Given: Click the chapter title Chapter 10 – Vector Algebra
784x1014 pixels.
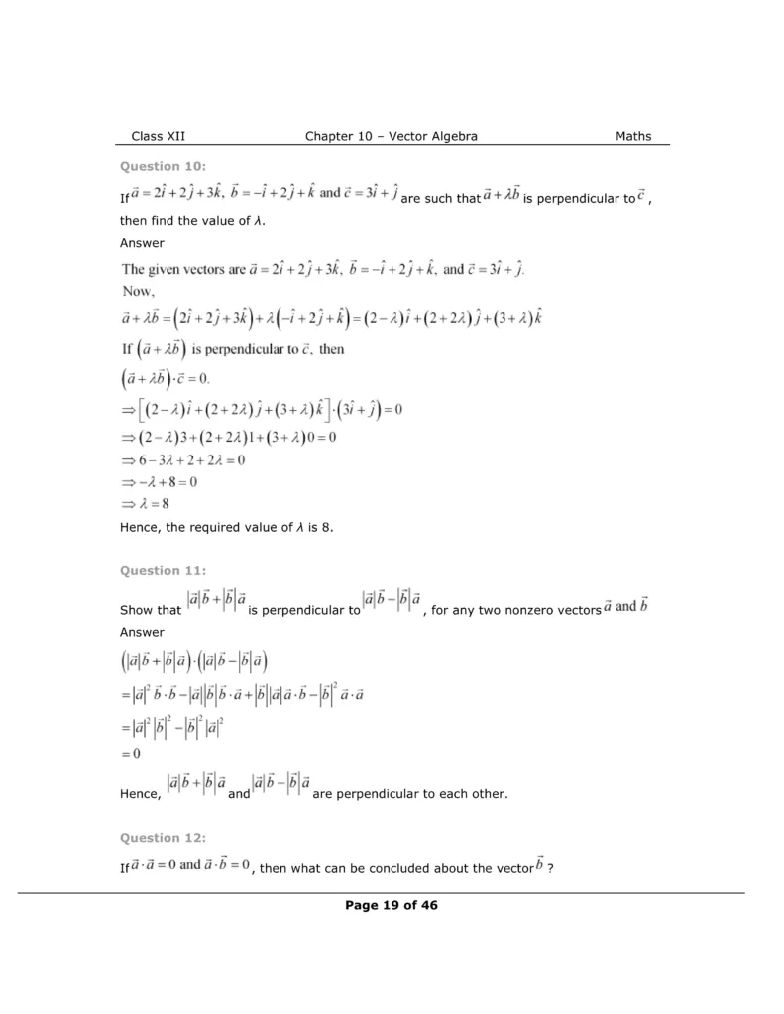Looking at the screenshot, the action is tap(392, 136).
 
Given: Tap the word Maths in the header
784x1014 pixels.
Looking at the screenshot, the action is tap(633, 136).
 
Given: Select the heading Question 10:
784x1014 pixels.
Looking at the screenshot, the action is tap(163, 166).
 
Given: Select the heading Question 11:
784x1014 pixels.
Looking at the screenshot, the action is tap(163, 570).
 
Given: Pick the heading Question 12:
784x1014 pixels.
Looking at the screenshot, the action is tap(163, 838).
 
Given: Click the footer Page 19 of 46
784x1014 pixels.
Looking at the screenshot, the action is tap(392, 904).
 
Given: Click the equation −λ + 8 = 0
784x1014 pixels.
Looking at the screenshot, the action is tap(160, 482).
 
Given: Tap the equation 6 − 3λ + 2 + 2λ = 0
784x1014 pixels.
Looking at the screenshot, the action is tap(183, 460).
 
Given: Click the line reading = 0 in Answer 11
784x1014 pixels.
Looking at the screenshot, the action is tap(131, 754).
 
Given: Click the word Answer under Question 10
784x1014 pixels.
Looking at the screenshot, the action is tap(142, 242).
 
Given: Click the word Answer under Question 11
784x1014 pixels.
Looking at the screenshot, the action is tap(142, 632).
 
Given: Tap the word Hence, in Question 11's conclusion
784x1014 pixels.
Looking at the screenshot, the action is tap(141, 794).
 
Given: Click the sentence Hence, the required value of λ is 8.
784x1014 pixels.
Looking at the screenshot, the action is tap(227, 528).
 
